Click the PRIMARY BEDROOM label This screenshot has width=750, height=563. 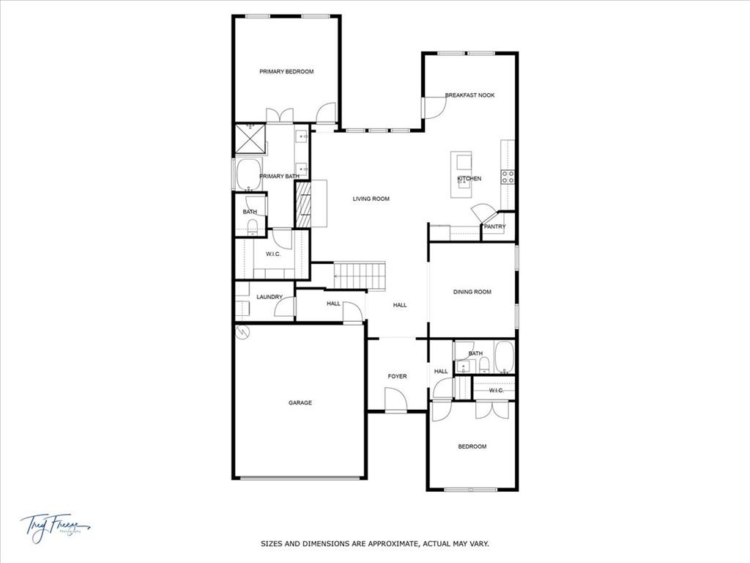[286, 72]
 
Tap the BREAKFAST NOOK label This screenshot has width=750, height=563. [469, 95]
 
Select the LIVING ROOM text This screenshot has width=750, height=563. [371, 199]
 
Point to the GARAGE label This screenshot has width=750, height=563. [300, 402]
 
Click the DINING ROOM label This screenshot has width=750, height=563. [472, 292]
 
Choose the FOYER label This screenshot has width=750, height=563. [397, 376]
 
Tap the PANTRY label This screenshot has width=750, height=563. [494, 227]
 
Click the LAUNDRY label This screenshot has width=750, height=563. [270, 297]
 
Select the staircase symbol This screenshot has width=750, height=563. [360, 276]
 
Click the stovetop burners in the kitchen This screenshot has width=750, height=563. [508, 176]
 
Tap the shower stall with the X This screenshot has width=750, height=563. [249, 139]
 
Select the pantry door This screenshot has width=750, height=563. [482, 213]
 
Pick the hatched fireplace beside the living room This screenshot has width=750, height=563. [302, 205]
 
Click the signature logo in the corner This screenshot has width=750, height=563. [55, 525]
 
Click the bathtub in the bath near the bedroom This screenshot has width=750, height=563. [505, 358]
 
